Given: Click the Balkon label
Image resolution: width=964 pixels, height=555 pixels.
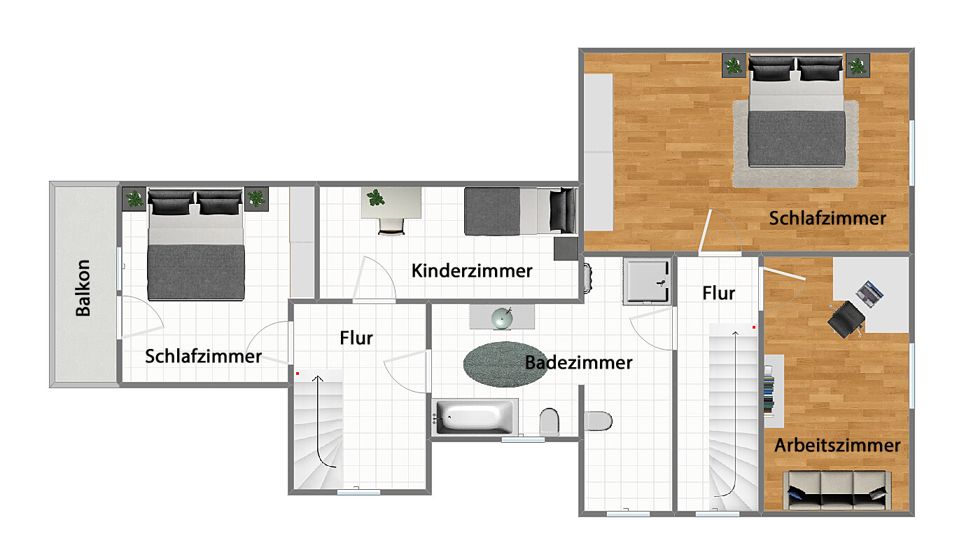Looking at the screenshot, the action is pyautogui.click(x=83, y=288).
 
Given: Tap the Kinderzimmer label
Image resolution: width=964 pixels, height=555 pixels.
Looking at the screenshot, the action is pyautogui.click(x=472, y=271).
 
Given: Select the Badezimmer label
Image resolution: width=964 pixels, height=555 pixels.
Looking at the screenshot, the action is pyautogui.click(x=579, y=363).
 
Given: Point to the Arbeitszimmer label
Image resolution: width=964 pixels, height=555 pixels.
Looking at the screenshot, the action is pyautogui.click(x=837, y=446).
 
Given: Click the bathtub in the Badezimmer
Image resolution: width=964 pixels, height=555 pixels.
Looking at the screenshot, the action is pyautogui.click(x=475, y=417).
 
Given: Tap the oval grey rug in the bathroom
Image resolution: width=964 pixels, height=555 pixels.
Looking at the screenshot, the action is pyautogui.click(x=504, y=364).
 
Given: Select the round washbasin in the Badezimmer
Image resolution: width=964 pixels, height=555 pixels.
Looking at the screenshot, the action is pyautogui.click(x=502, y=318).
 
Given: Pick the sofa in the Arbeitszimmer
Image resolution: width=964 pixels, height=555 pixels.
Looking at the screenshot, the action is pyautogui.click(x=837, y=491).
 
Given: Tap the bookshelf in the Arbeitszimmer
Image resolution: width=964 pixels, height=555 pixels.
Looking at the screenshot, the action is pyautogui.click(x=774, y=391).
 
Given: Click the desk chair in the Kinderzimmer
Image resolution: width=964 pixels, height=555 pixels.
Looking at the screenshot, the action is pyautogui.click(x=391, y=226).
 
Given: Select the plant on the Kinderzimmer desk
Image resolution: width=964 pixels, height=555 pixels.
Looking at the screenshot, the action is pyautogui.click(x=375, y=198).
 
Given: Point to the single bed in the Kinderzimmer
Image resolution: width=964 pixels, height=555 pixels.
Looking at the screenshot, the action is pyautogui.click(x=521, y=211).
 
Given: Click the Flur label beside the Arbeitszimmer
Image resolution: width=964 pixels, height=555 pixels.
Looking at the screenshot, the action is pyautogui.click(x=719, y=294).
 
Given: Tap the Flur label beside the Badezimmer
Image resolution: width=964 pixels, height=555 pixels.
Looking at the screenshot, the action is pyautogui.click(x=356, y=338).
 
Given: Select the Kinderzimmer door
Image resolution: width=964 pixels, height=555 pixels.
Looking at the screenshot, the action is pyautogui.click(x=374, y=278).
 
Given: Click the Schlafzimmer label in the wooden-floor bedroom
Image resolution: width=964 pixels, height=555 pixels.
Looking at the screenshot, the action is pyautogui.click(x=827, y=219).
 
